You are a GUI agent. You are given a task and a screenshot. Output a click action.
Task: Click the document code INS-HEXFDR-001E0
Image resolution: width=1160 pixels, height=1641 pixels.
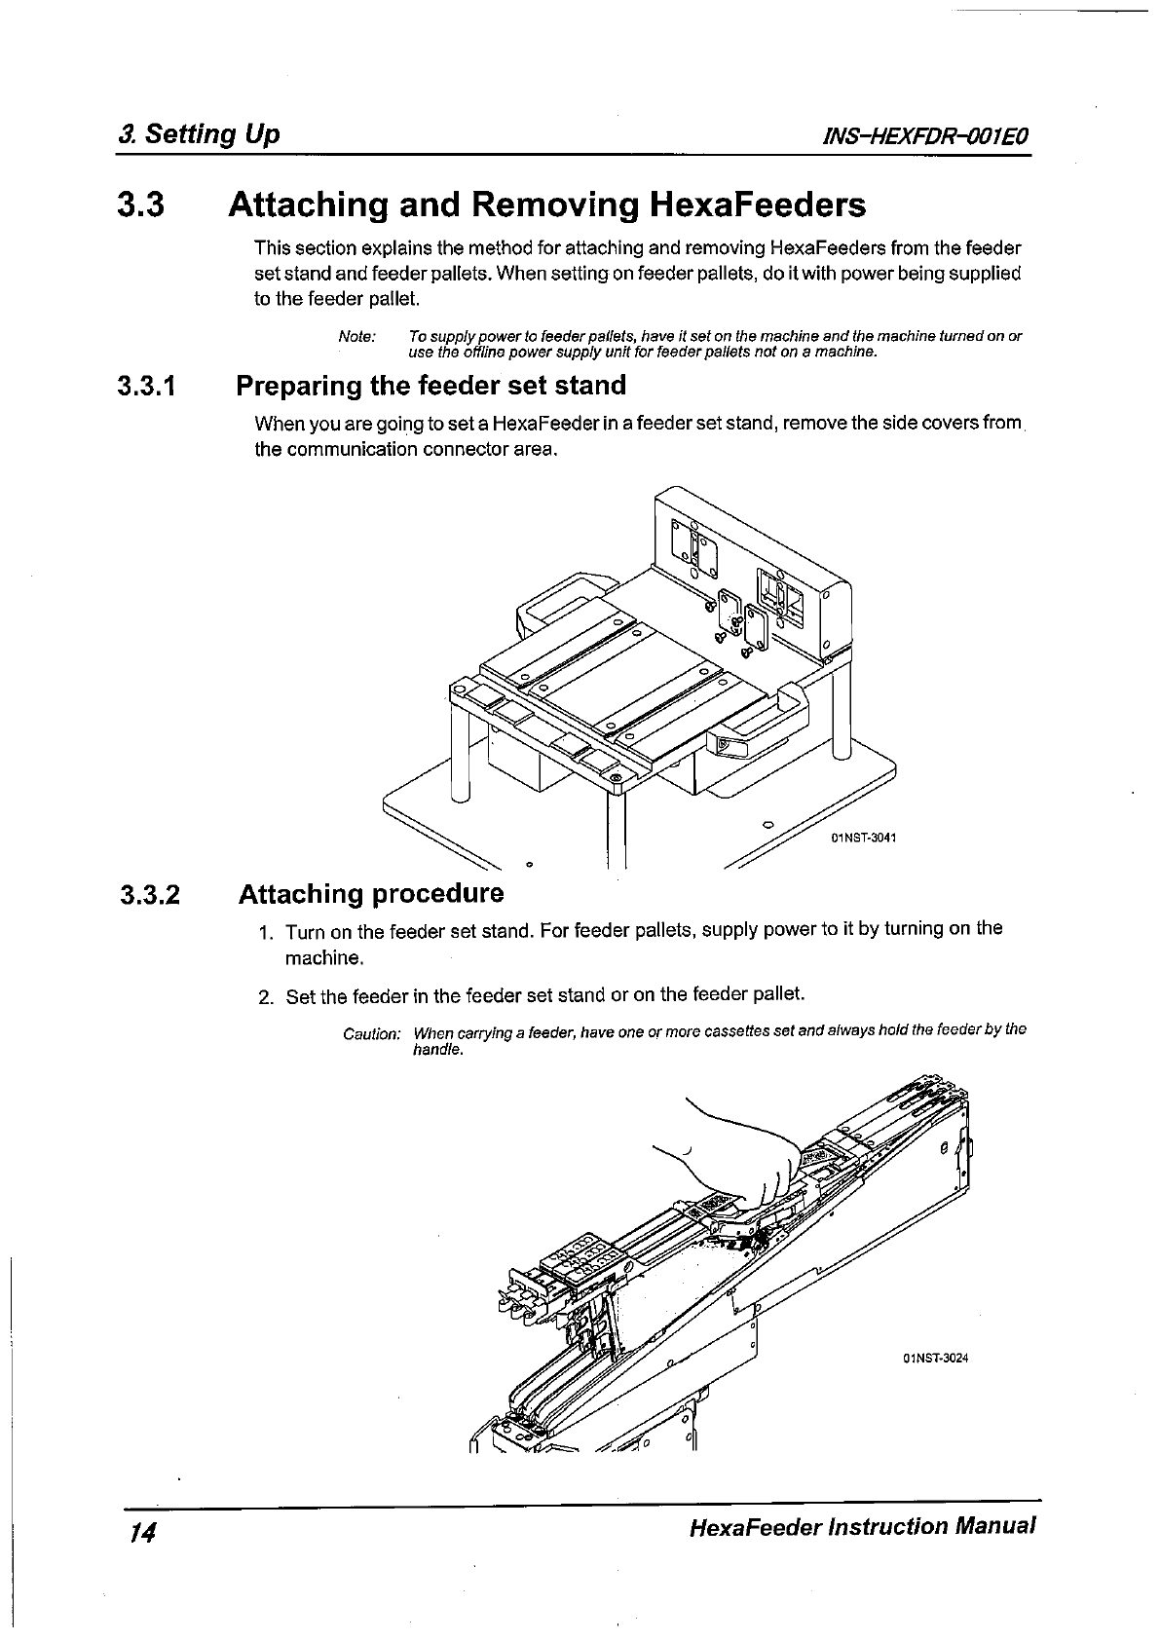click(926, 135)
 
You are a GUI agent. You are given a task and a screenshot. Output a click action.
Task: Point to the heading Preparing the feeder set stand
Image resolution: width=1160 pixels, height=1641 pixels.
click(431, 386)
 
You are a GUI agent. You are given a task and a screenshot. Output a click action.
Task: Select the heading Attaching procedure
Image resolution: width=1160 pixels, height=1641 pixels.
click(371, 894)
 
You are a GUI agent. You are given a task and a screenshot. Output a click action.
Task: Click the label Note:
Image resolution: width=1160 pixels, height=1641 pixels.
click(356, 336)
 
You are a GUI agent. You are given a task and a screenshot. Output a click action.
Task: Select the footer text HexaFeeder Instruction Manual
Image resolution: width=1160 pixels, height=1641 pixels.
click(860, 1526)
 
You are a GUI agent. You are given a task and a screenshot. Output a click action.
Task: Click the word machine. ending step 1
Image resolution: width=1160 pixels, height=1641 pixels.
click(323, 958)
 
